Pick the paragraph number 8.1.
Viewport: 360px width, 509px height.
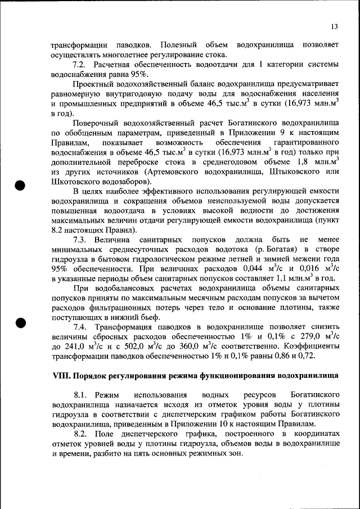coord(81,397)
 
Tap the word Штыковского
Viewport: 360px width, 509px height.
coord(290,171)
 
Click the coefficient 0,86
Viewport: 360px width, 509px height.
coord(276,356)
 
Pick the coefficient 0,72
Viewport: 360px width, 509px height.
coord(307,356)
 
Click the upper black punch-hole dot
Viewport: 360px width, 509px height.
coord(21,185)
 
